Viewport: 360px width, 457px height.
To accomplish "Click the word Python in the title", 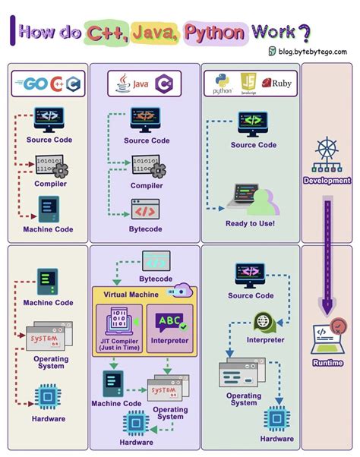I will tap(215, 32).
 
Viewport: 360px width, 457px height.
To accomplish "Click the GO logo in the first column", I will tap(35, 84).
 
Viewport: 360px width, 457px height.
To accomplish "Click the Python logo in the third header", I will tap(222, 82).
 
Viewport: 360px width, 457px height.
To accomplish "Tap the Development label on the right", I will tap(327, 181).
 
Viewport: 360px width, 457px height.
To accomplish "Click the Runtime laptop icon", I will tap(327, 337).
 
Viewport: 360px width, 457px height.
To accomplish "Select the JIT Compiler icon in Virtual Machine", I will tap(118, 322).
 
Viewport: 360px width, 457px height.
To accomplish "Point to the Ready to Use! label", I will tap(250, 223).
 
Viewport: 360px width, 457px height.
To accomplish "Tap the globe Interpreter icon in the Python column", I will tap(264, 322).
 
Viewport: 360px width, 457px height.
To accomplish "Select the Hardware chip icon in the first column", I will tap(48, 397).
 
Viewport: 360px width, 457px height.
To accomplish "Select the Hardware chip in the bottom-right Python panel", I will tap(277, 418).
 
